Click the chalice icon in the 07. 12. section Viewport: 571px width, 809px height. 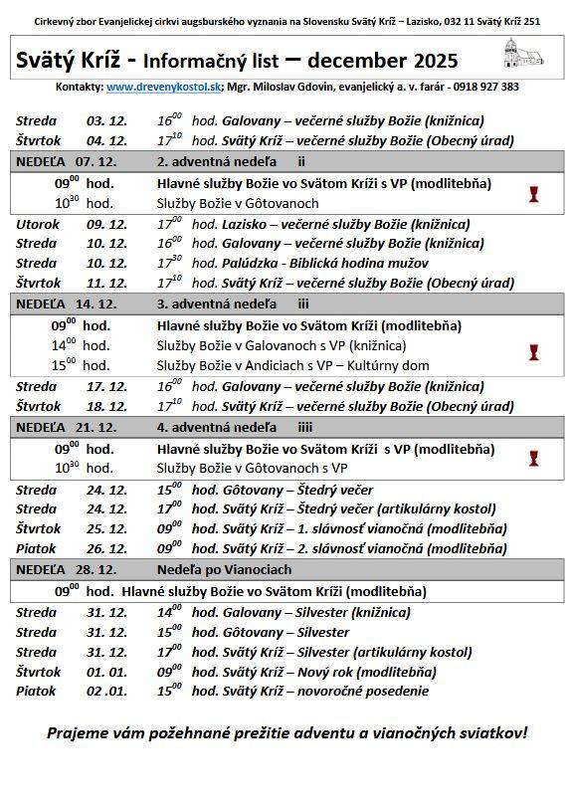[533, 193]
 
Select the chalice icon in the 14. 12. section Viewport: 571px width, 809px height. [533, 352]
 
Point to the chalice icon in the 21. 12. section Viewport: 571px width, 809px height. [533, 458]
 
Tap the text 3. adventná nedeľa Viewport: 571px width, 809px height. [217, 303]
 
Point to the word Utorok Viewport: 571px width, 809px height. [38, 224]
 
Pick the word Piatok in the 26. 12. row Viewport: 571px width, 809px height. [37, 548]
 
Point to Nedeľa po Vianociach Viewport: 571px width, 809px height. [224, 569]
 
